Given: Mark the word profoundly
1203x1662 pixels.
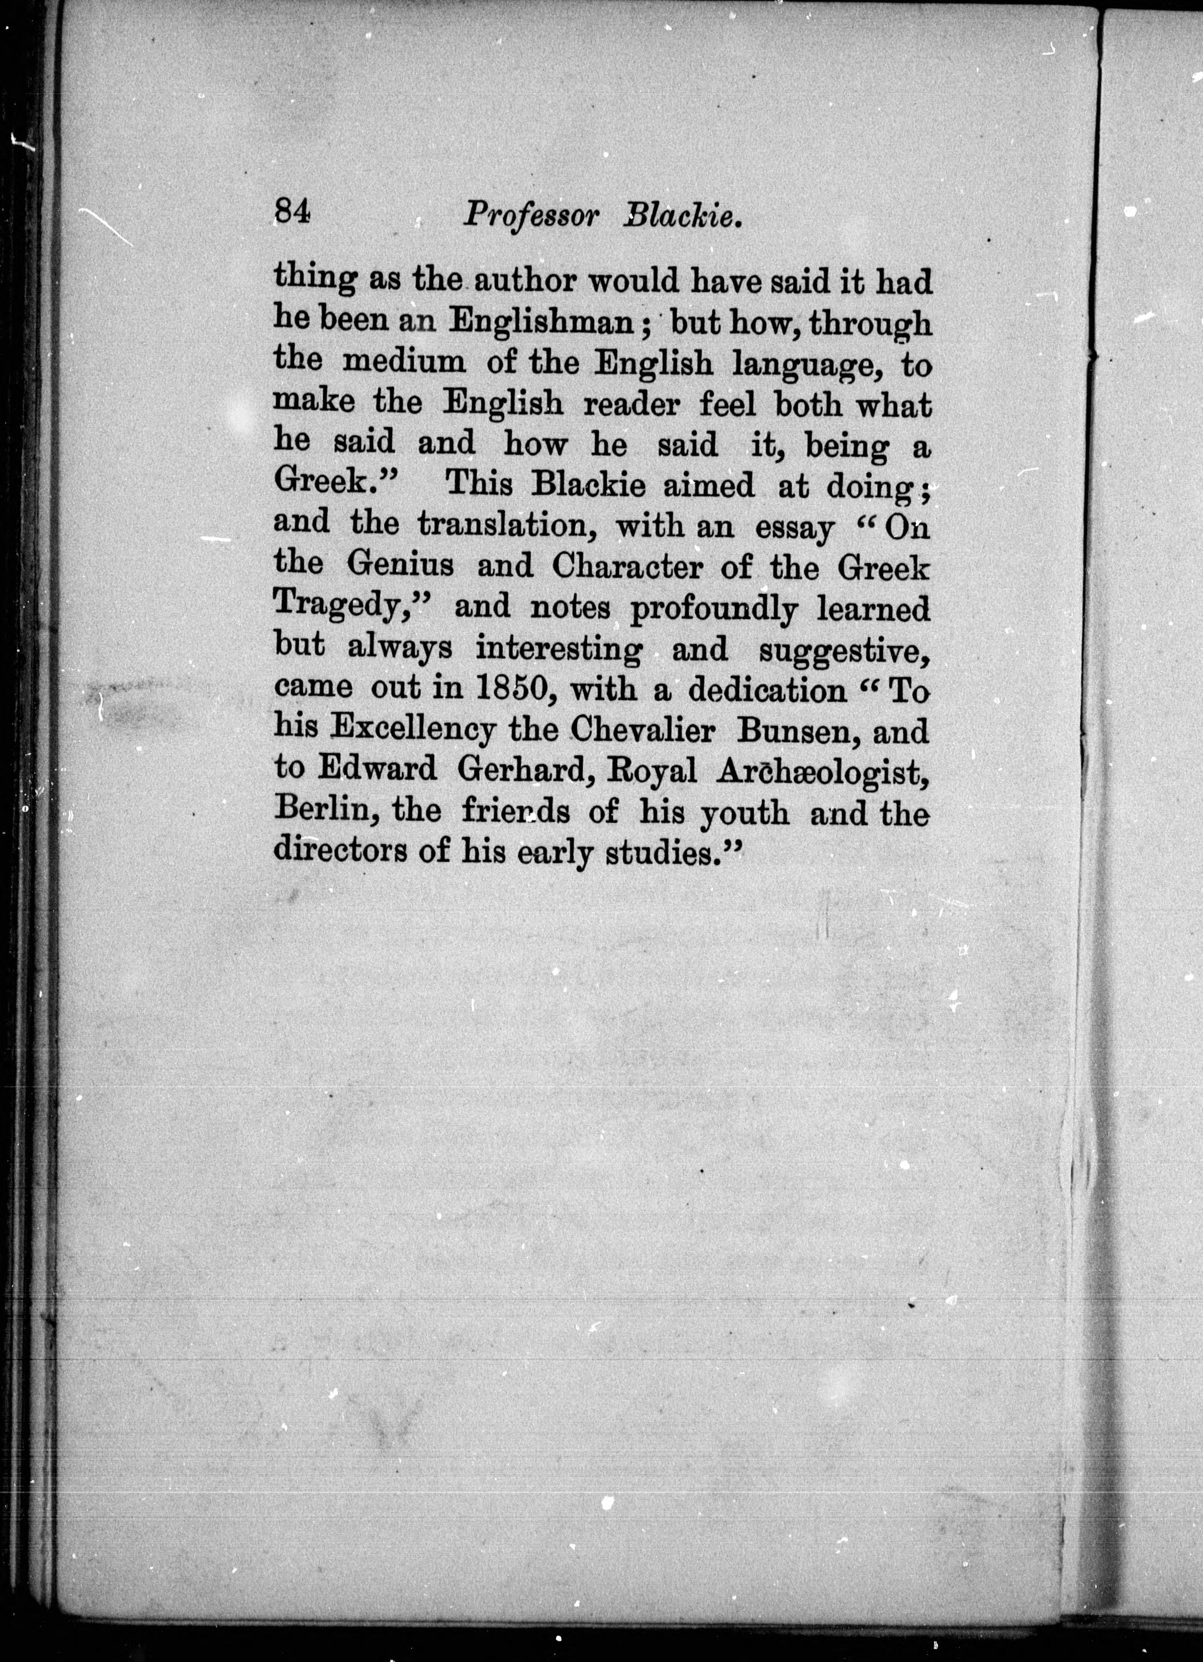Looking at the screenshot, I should tap(713, 608).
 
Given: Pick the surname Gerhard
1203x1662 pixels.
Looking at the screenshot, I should tap(525, 769).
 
